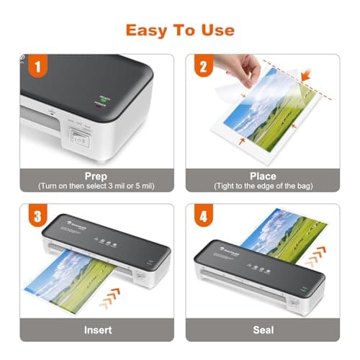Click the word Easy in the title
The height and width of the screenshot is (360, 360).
pos(145,30)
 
